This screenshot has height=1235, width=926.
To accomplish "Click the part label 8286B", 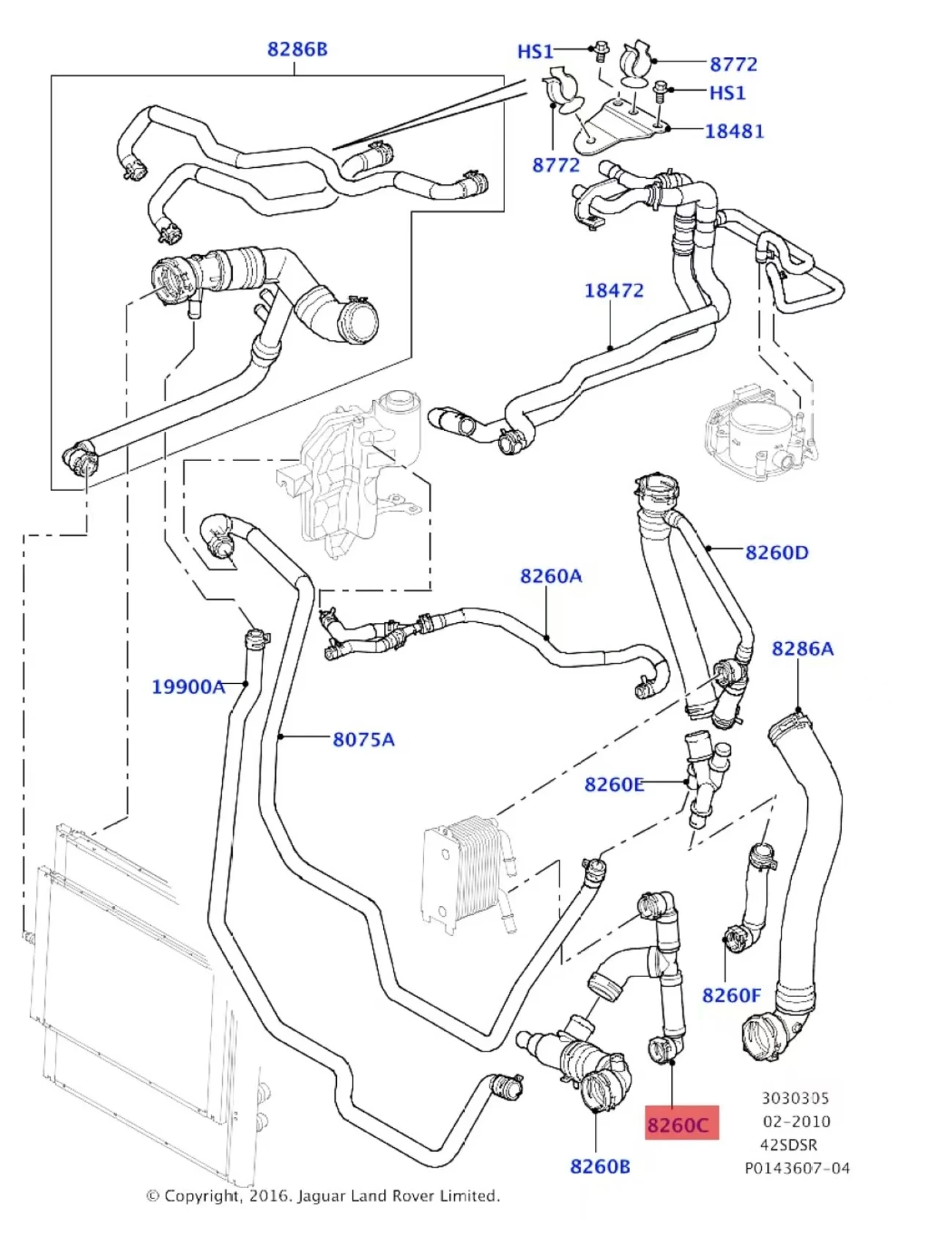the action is [x=297, y=49].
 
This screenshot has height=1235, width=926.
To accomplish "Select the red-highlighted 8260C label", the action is [x=678, y=1124].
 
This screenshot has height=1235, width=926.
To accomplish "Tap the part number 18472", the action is [x=614, y=290].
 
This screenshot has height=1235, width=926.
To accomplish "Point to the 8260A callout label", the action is [x=551, y=576].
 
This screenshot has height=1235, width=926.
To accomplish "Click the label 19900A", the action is [x=188, y=687].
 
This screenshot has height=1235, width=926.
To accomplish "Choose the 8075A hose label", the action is [x=363, y=740].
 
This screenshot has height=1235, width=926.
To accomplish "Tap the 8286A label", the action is [x=803, y=649].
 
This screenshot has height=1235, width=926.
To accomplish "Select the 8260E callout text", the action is [x=614, y=785].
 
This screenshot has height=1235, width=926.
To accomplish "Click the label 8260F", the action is [x=731, y=995].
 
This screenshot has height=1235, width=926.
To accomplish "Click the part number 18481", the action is [x=734, y=131].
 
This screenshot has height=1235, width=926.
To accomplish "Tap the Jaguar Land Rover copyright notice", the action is [x=323, y=1195].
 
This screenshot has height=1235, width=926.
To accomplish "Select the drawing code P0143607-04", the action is [x=797, y=1168].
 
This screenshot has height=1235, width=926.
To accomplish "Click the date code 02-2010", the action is [x=796, y=1121].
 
